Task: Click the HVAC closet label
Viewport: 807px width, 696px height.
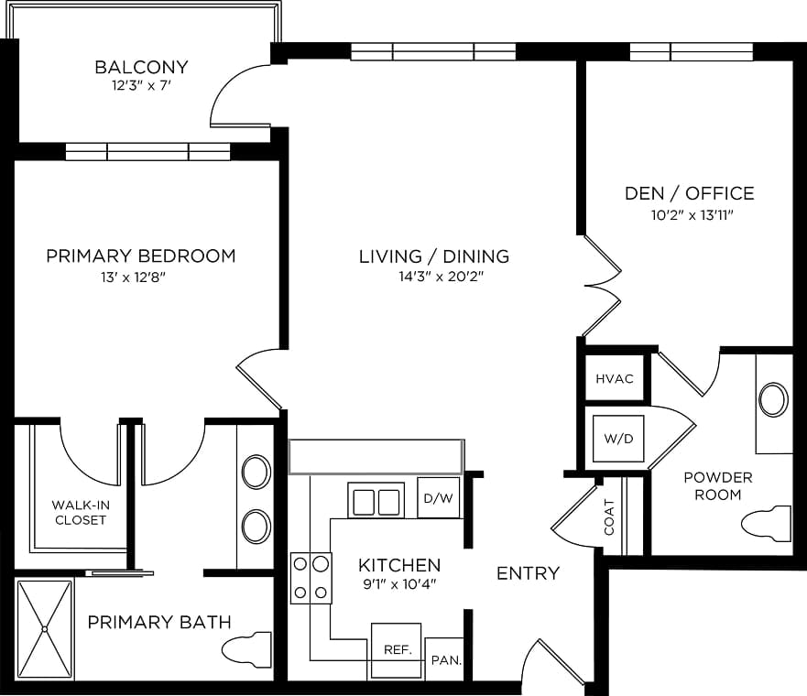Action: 615,379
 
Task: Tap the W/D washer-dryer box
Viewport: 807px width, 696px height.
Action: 618,439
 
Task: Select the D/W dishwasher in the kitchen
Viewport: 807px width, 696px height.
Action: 438,497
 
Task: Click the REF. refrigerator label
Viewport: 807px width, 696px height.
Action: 398,649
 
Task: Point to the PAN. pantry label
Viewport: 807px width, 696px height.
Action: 446,660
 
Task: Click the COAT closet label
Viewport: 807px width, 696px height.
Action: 609,517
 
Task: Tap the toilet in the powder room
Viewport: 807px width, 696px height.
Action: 766,523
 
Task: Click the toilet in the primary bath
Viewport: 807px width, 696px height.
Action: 246,649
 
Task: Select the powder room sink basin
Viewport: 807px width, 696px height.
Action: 773,399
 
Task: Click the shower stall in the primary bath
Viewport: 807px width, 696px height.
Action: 45,628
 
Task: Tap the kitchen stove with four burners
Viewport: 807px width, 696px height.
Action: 311,578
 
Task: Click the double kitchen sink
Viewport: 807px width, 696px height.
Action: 376,500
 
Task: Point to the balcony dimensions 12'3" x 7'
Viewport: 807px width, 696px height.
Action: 141,85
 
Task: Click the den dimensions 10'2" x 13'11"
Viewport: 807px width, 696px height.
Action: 692,215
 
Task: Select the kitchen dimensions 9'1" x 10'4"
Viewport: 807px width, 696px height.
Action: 399,584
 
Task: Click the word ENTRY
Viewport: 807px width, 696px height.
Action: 528,573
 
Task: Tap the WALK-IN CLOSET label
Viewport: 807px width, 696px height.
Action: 81,512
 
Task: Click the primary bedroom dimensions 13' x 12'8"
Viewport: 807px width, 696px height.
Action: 134,277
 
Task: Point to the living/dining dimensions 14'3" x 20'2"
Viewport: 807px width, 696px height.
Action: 442,277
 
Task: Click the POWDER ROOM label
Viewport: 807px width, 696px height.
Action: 718,486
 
